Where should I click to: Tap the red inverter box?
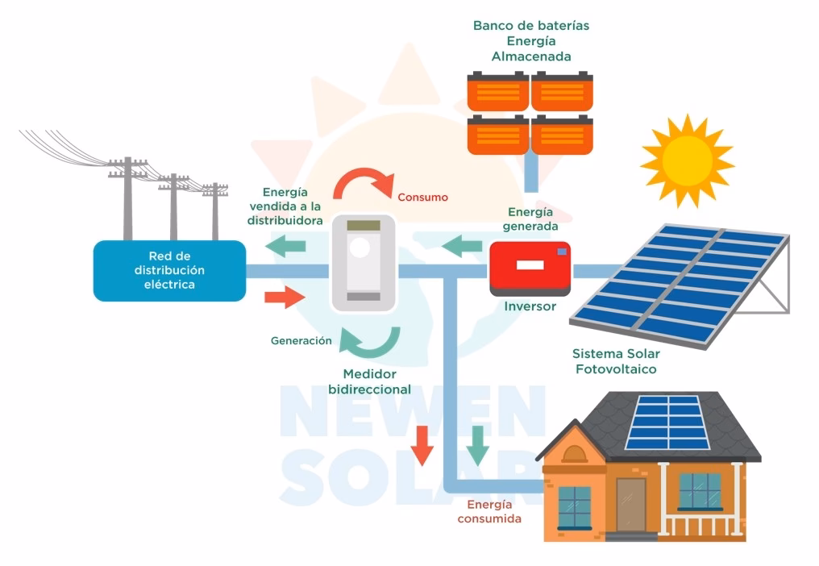(x=530, y=267)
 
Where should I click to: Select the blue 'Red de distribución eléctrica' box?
(x=169, y=270)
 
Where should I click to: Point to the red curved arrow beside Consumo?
(x=360, y=183)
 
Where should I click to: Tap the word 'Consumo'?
(x=422, y=198)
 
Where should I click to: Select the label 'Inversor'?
(x=530, y=307)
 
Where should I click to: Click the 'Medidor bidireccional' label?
(x=370, y=381)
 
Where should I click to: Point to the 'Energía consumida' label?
(x=489, y=511)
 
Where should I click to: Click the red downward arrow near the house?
(x=421, y=444)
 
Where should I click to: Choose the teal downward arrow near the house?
(x=477, y=444)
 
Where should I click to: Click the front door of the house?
(x=630, y=504)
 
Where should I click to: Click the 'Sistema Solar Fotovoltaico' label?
(x=615, y=361)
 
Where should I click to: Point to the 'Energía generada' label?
(x=530, y=218)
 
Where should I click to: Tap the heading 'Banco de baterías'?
(x=530, y=26)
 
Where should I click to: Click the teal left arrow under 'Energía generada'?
(x=462, y=244)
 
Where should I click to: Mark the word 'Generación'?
(x=301, y=341)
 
